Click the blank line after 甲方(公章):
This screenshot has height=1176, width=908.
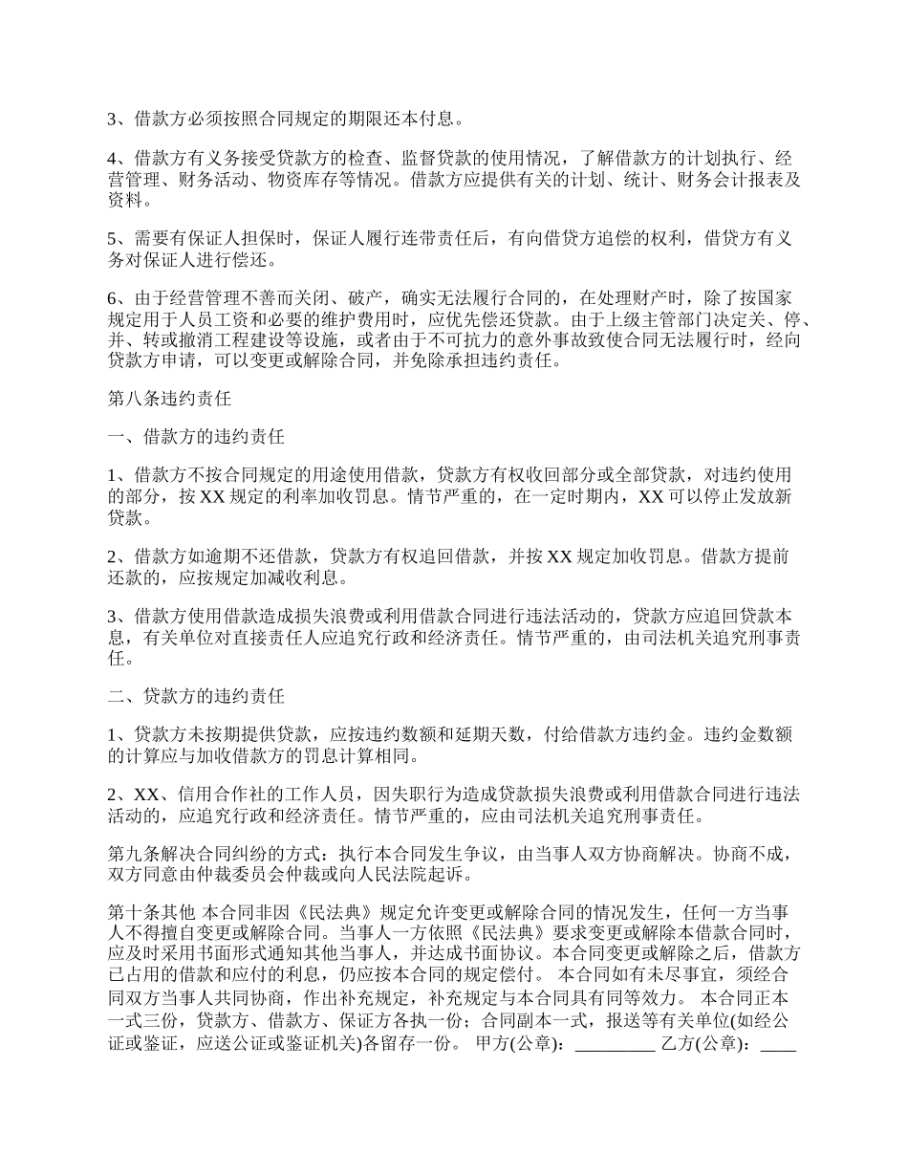(x=615, y=1045)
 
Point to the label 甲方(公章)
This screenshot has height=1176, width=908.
(x=512, y=1045)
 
